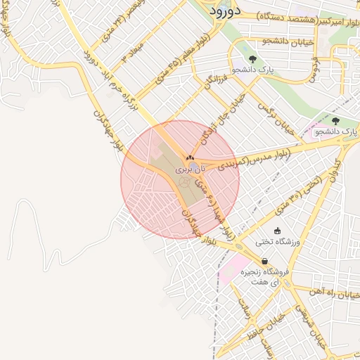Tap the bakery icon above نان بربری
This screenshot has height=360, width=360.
coord(190,157)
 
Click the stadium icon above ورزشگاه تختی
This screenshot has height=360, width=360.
coord(278,231)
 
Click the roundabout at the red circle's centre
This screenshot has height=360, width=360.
coord(185,182)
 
